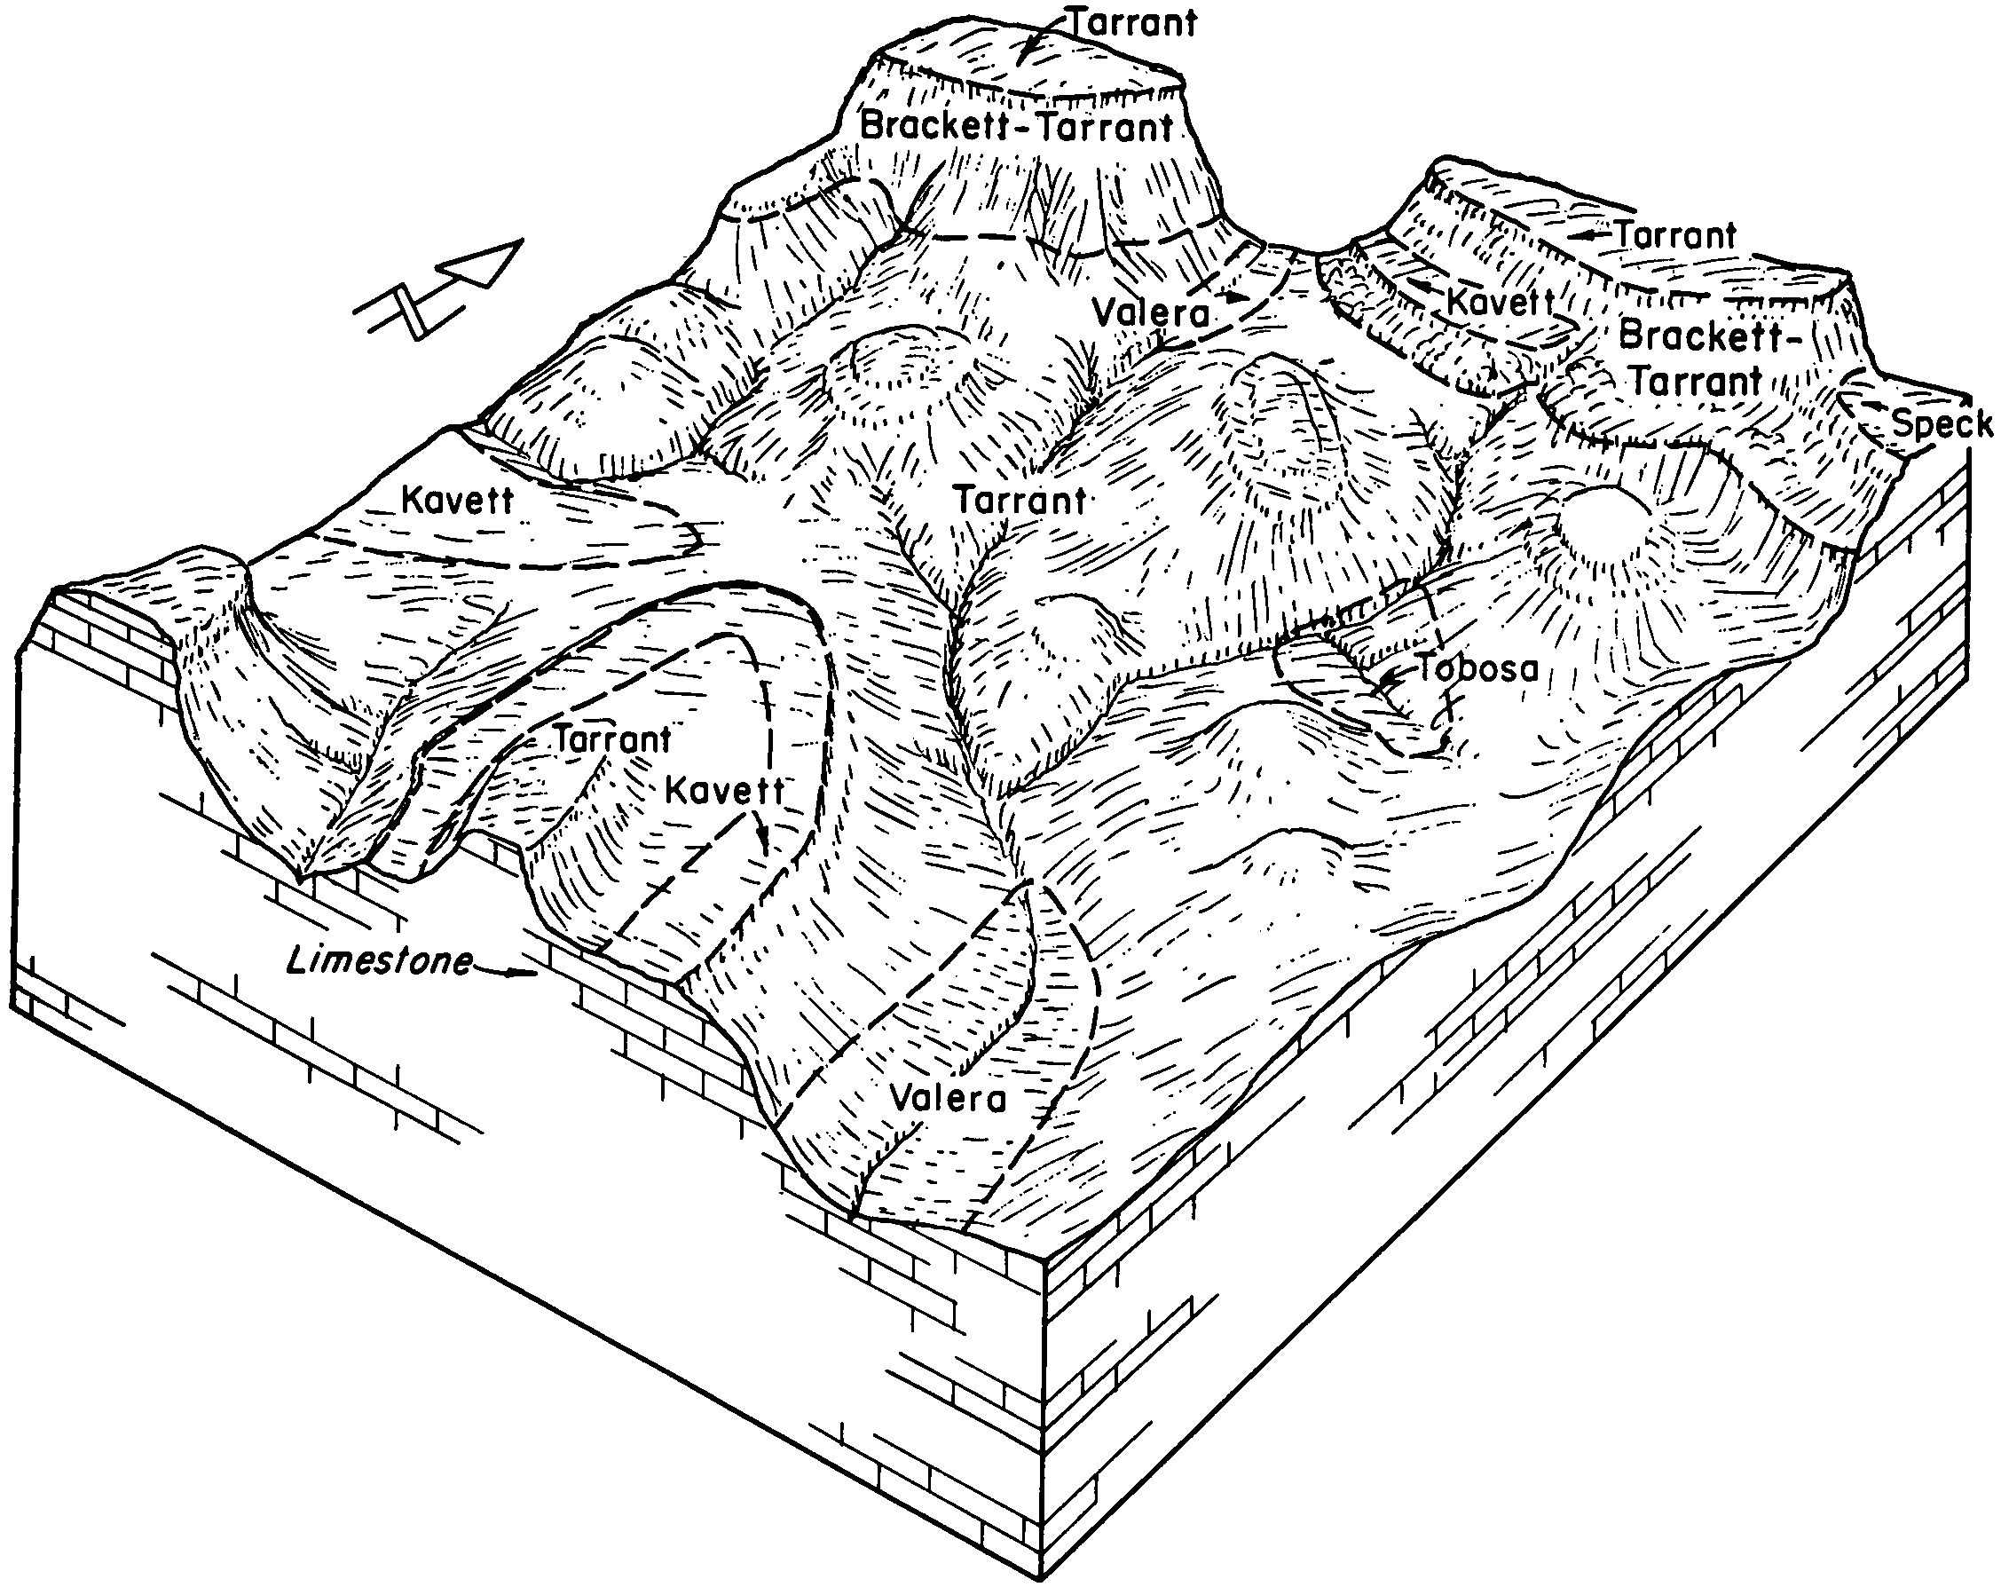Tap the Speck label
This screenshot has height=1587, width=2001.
pyautogui.click(x=1942, y=424)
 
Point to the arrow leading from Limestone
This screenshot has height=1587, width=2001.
pyautogui.click(x=507, y=972)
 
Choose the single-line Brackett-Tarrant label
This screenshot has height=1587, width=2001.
pyautogui.click(x=1017, y=125)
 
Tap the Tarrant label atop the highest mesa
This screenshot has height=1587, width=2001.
pyautogui.click(x=1131, y=22)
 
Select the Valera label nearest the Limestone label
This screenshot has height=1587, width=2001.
pyautogui.click(x=948, y=1099)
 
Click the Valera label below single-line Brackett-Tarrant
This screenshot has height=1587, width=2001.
pyautogui.click(x=1151, y=312)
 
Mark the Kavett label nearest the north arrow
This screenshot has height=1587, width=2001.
pyautogui.click(x=457, y=501)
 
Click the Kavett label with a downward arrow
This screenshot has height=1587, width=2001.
pyautogui.click(x=725, y=792)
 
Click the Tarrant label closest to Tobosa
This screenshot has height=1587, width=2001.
pyautogui.click(x=1021, y=501)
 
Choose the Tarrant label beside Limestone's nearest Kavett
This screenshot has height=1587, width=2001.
pyautogui.click(x=612, y=739)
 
